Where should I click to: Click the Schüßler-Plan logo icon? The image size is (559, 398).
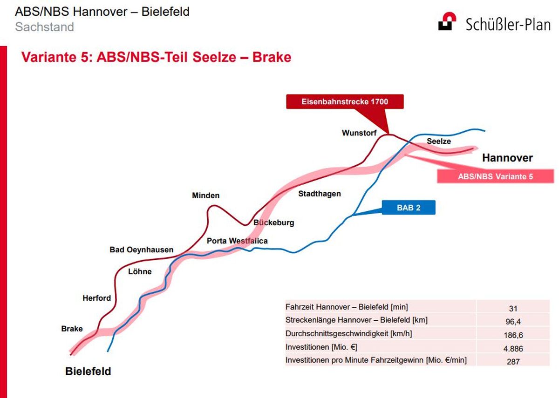[447, 21]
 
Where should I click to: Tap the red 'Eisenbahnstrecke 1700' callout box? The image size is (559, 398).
[345, 101]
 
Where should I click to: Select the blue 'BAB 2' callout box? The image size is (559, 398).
[409, 208]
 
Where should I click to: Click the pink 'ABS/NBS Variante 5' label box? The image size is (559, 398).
[495, 176]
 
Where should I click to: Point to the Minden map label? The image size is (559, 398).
[205, 195]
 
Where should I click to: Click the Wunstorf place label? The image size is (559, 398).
[359, 133]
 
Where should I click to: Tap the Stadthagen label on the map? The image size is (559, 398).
[320, 194]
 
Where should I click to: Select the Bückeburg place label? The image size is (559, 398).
[274, 223]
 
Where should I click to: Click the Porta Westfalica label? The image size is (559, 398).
[237, 241]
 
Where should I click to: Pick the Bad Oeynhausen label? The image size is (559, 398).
[141, 250]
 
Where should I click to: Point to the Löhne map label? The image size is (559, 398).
[140, 271]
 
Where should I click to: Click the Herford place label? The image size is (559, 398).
[96, 298]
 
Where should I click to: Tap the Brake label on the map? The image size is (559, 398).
[72, 329]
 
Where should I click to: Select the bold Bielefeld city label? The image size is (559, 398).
[88, 371]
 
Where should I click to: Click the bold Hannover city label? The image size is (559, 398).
[507, 158]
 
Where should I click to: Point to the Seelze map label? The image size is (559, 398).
[439, 141]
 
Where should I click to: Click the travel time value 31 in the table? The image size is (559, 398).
[513, 309]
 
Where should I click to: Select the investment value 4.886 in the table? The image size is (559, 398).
[513, 349]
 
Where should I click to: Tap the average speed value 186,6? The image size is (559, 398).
[513, 335]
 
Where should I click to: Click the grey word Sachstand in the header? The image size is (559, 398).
[44, 27]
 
